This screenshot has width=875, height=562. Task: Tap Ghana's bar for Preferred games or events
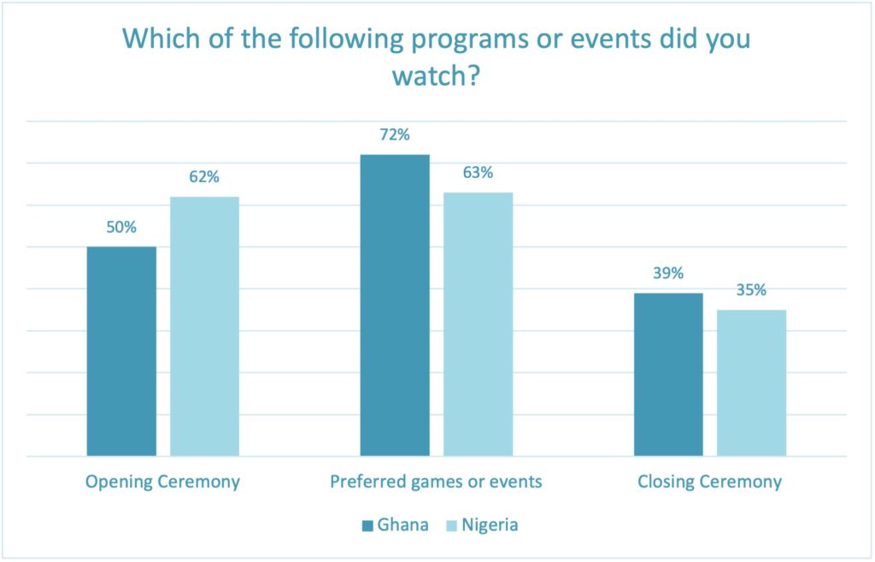394,305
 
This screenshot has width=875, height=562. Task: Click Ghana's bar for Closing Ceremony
667,374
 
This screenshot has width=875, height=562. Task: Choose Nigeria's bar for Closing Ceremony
751,382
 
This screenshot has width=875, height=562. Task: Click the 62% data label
204,178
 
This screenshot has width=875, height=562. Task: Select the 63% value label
478,173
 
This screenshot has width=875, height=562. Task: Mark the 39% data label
667,274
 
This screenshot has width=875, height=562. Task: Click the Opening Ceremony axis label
162,482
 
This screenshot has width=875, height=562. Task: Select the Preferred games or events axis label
436,482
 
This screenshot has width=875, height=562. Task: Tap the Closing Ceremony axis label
709,482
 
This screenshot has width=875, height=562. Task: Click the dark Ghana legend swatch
367,525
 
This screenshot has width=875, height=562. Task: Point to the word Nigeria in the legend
490,524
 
